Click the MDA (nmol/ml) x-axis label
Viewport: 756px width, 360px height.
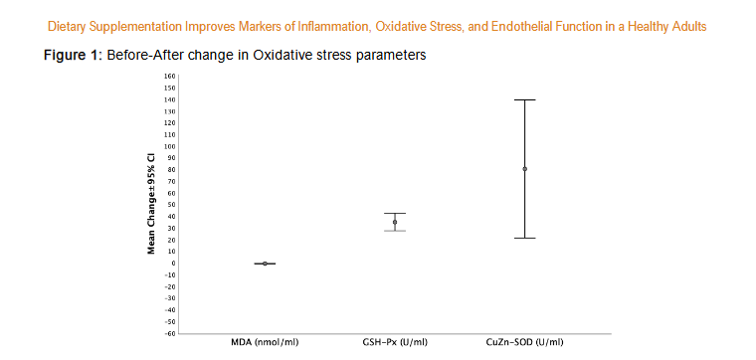pyautogui.click(x=265, y=342)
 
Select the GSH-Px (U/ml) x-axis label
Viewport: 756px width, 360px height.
pyautogui.click(x=395, y=342)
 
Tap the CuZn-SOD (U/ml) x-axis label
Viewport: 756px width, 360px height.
pyautogui.click(x=525, y=342)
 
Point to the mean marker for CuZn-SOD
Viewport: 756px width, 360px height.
pyautogui.click(x=525, y=169)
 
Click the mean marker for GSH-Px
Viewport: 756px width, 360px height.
pyautogui.click(x=395, y=222)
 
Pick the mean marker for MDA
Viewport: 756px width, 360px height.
pyautogui.click(x=265, y=264)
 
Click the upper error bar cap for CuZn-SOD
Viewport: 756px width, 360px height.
pyautogui.click(x=525, y=99)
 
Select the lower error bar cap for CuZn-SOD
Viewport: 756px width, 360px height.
pyautogui.click(x=525, y=238)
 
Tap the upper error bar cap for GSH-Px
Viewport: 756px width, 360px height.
pyautogui.click(x=395, y=213)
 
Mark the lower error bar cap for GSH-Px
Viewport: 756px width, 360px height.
pyautogui.click(x=395, y=231)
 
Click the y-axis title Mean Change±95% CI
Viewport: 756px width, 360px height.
pyautogui.click(x=151, y=204)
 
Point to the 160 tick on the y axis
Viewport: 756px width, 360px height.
pyautogui.click(x=169, y=76)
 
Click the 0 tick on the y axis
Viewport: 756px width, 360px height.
pyautogui.click(x=173, y=264)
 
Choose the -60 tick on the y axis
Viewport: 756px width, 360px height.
pyautogui.click(x=169, y=333)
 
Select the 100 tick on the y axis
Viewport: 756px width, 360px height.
pyautogui.click(x=169, y=146)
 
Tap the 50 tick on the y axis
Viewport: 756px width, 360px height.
pyautogui.click(x=171, y=205)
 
